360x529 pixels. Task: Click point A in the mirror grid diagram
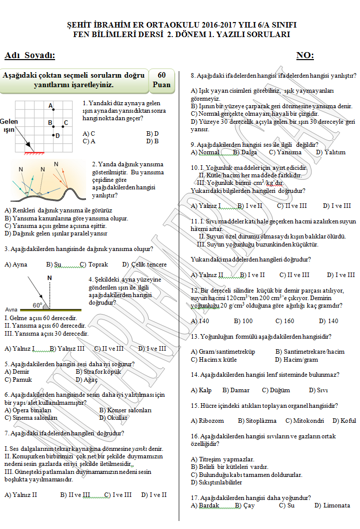(54, 109)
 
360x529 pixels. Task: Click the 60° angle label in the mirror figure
(37, 305)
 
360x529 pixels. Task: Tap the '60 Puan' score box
(161, 80)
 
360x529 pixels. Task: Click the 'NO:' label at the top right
(305, 55)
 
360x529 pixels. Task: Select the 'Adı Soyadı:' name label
(30, 55)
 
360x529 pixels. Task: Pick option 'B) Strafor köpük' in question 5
(98, 372)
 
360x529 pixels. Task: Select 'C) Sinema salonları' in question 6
(31, 417)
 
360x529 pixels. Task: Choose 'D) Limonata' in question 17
(332, 505)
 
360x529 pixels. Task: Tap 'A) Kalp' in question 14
(201, 390)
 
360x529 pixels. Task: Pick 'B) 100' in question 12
(243, 321)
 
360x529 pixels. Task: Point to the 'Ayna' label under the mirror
(11, 310)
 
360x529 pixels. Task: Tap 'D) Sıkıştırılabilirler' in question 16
(216, 482)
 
